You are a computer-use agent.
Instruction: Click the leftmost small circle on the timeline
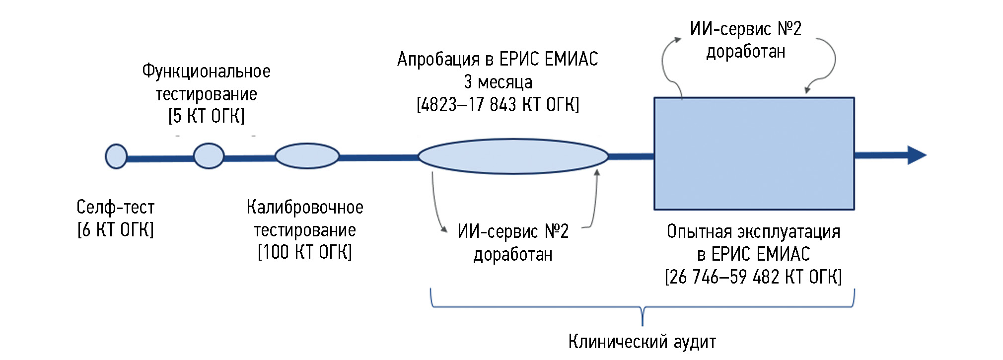pos(116,156)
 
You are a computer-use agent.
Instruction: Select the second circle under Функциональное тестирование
pos(209,156)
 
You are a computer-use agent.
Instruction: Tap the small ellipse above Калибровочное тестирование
pos(307,156)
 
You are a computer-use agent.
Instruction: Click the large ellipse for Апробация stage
pos(513,156)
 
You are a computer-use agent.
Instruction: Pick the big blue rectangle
pos(754,153)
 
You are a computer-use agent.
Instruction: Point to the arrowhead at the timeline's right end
pos(917,155)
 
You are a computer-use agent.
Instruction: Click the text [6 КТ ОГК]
pos(116,230)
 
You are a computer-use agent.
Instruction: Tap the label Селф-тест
pos(116,207)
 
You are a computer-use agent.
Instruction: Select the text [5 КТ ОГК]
pos(207,116)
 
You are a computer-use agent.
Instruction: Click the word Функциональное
pos(207,72)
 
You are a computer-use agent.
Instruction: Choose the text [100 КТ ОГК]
pos(305,252)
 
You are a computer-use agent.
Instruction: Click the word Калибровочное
pos(305,207)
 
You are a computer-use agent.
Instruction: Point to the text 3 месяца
pos(498,82)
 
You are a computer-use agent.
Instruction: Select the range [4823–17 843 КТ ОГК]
pos(498,105)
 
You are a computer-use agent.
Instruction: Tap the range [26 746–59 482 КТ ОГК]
pos(753,277)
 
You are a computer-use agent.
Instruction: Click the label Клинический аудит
pos(642,342)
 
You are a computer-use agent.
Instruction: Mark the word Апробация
pos(438,60)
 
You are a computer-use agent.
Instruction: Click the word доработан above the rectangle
pos(746,52)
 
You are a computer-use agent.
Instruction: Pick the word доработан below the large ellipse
pos(513,255)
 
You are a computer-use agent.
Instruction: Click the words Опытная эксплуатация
pos(753,232)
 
